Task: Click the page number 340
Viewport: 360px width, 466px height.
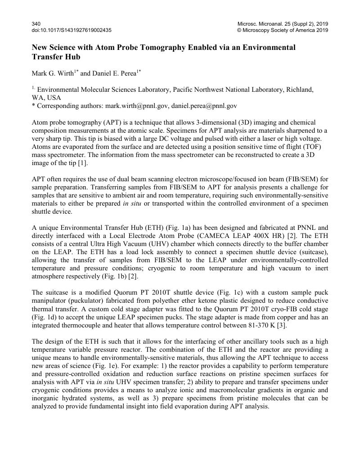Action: coord(36,23)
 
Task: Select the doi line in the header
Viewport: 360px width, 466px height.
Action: coord(72,30)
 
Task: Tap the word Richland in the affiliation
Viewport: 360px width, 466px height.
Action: coord(297,90)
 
